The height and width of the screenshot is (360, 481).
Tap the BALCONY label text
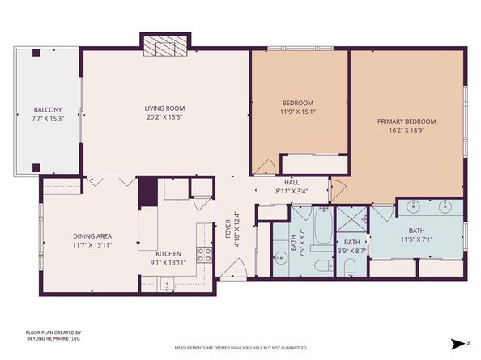[x=47, y=110]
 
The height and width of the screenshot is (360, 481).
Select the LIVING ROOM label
[x=164, y=108]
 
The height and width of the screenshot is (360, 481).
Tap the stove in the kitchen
[x=204, y=256]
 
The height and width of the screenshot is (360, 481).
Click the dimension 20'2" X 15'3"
[x=164, y=116]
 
